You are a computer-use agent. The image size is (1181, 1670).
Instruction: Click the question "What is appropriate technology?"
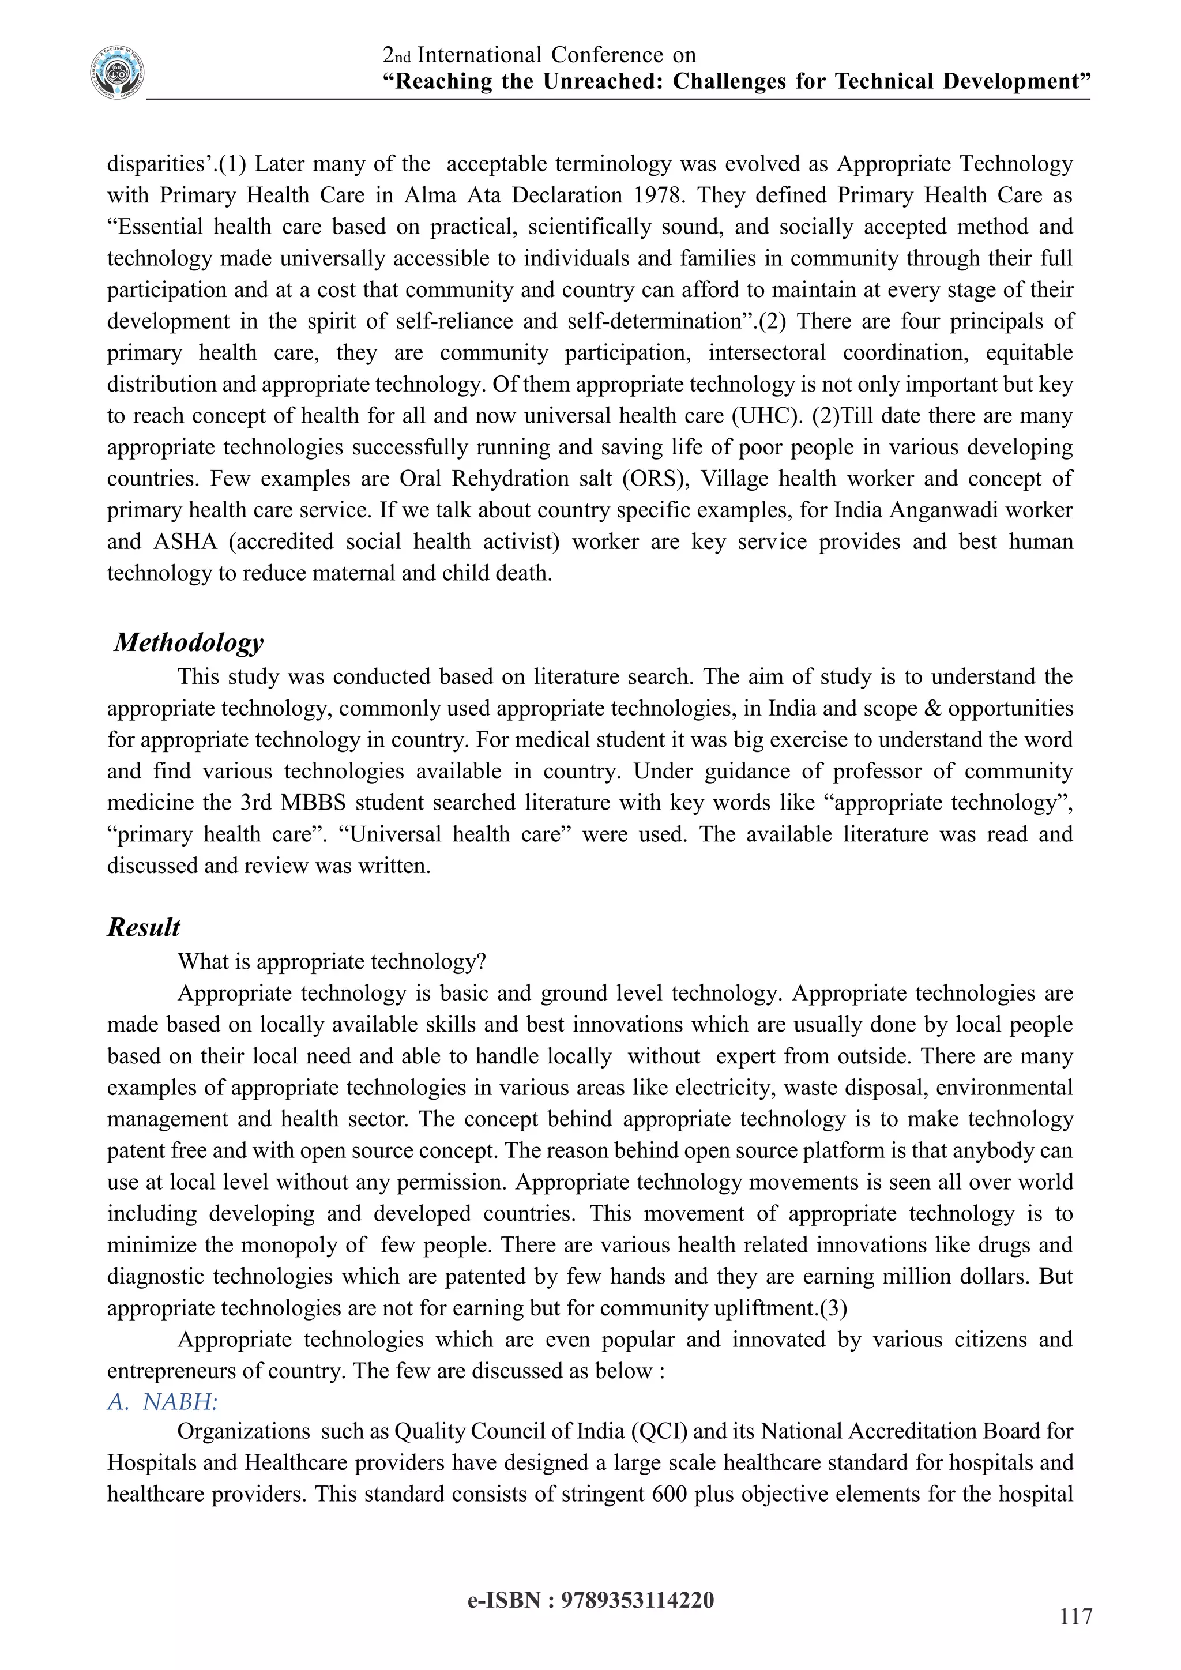tap(332, 961)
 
